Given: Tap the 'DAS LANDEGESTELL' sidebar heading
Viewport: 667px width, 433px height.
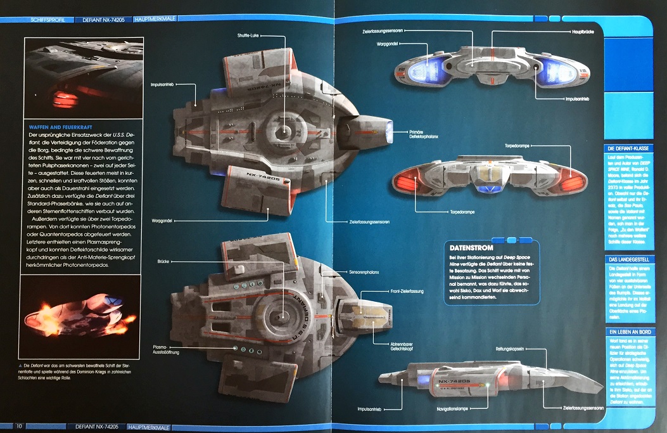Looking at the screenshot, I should click(x=626, y=259).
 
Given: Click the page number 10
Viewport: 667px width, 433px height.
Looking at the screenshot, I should click(x=20, y=425).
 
